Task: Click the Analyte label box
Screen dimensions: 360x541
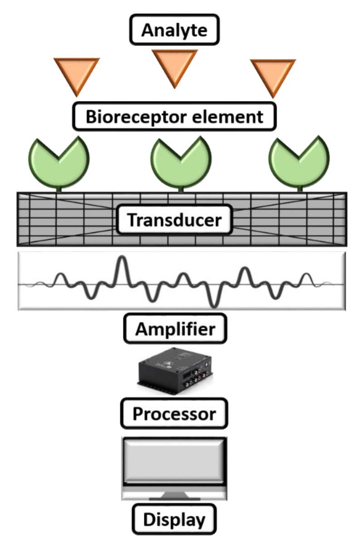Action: click(174, 29)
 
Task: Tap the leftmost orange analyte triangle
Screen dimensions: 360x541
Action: click(77, 73)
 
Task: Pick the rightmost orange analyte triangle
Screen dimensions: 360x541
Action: click(273, 75)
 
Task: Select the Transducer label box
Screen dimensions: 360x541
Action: click(175, 220)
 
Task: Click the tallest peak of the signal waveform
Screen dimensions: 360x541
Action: click(122, 258)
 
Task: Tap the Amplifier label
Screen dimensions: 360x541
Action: click(175, 329)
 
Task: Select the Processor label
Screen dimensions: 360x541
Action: click(174, 414)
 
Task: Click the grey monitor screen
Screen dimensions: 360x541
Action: click(174, 461)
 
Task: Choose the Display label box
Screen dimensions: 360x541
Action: click(174, 519)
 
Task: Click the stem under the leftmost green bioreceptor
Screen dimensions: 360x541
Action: click(59, 190)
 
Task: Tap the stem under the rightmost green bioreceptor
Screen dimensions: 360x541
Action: click(300, 190)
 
